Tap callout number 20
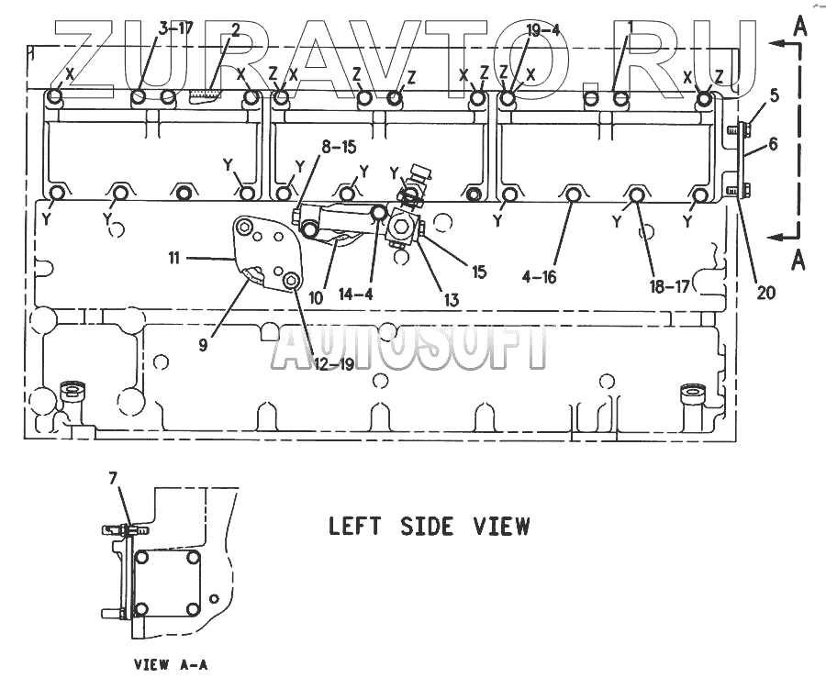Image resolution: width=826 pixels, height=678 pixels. click(765, 294)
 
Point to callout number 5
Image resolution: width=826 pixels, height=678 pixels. click(774, 94)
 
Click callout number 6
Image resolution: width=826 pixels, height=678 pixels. click(774, 144)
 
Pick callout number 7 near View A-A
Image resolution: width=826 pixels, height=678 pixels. click(114, 478)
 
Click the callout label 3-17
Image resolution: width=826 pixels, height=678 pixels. click(174, 29)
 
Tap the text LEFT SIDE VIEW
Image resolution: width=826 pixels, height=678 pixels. click(429, 527)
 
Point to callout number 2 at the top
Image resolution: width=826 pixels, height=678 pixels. click(237, 29)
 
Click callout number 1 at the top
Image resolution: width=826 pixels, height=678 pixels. click(631, 29)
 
